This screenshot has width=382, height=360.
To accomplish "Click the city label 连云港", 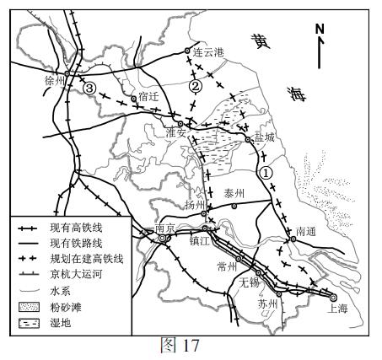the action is pos(210,52).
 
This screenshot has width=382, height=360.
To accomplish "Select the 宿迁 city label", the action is pos(148,96).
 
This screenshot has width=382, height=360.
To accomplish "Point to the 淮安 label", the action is pos(175,132).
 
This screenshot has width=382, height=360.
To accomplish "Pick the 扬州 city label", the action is pos(196,205).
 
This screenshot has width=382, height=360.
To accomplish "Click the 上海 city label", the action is pos(337,309).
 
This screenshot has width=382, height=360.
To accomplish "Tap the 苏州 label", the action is pos(267,304).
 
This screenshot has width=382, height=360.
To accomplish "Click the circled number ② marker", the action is pos(196,86).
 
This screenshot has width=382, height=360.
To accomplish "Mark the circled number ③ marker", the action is pos(89,87).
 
